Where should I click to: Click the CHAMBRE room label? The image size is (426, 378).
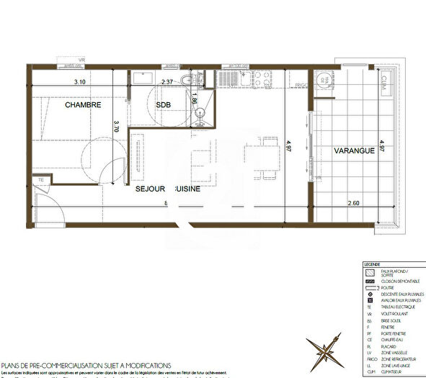point(82,105)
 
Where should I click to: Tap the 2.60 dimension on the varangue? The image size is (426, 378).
point(354,204)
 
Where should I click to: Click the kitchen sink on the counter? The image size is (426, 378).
point(237,79)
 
